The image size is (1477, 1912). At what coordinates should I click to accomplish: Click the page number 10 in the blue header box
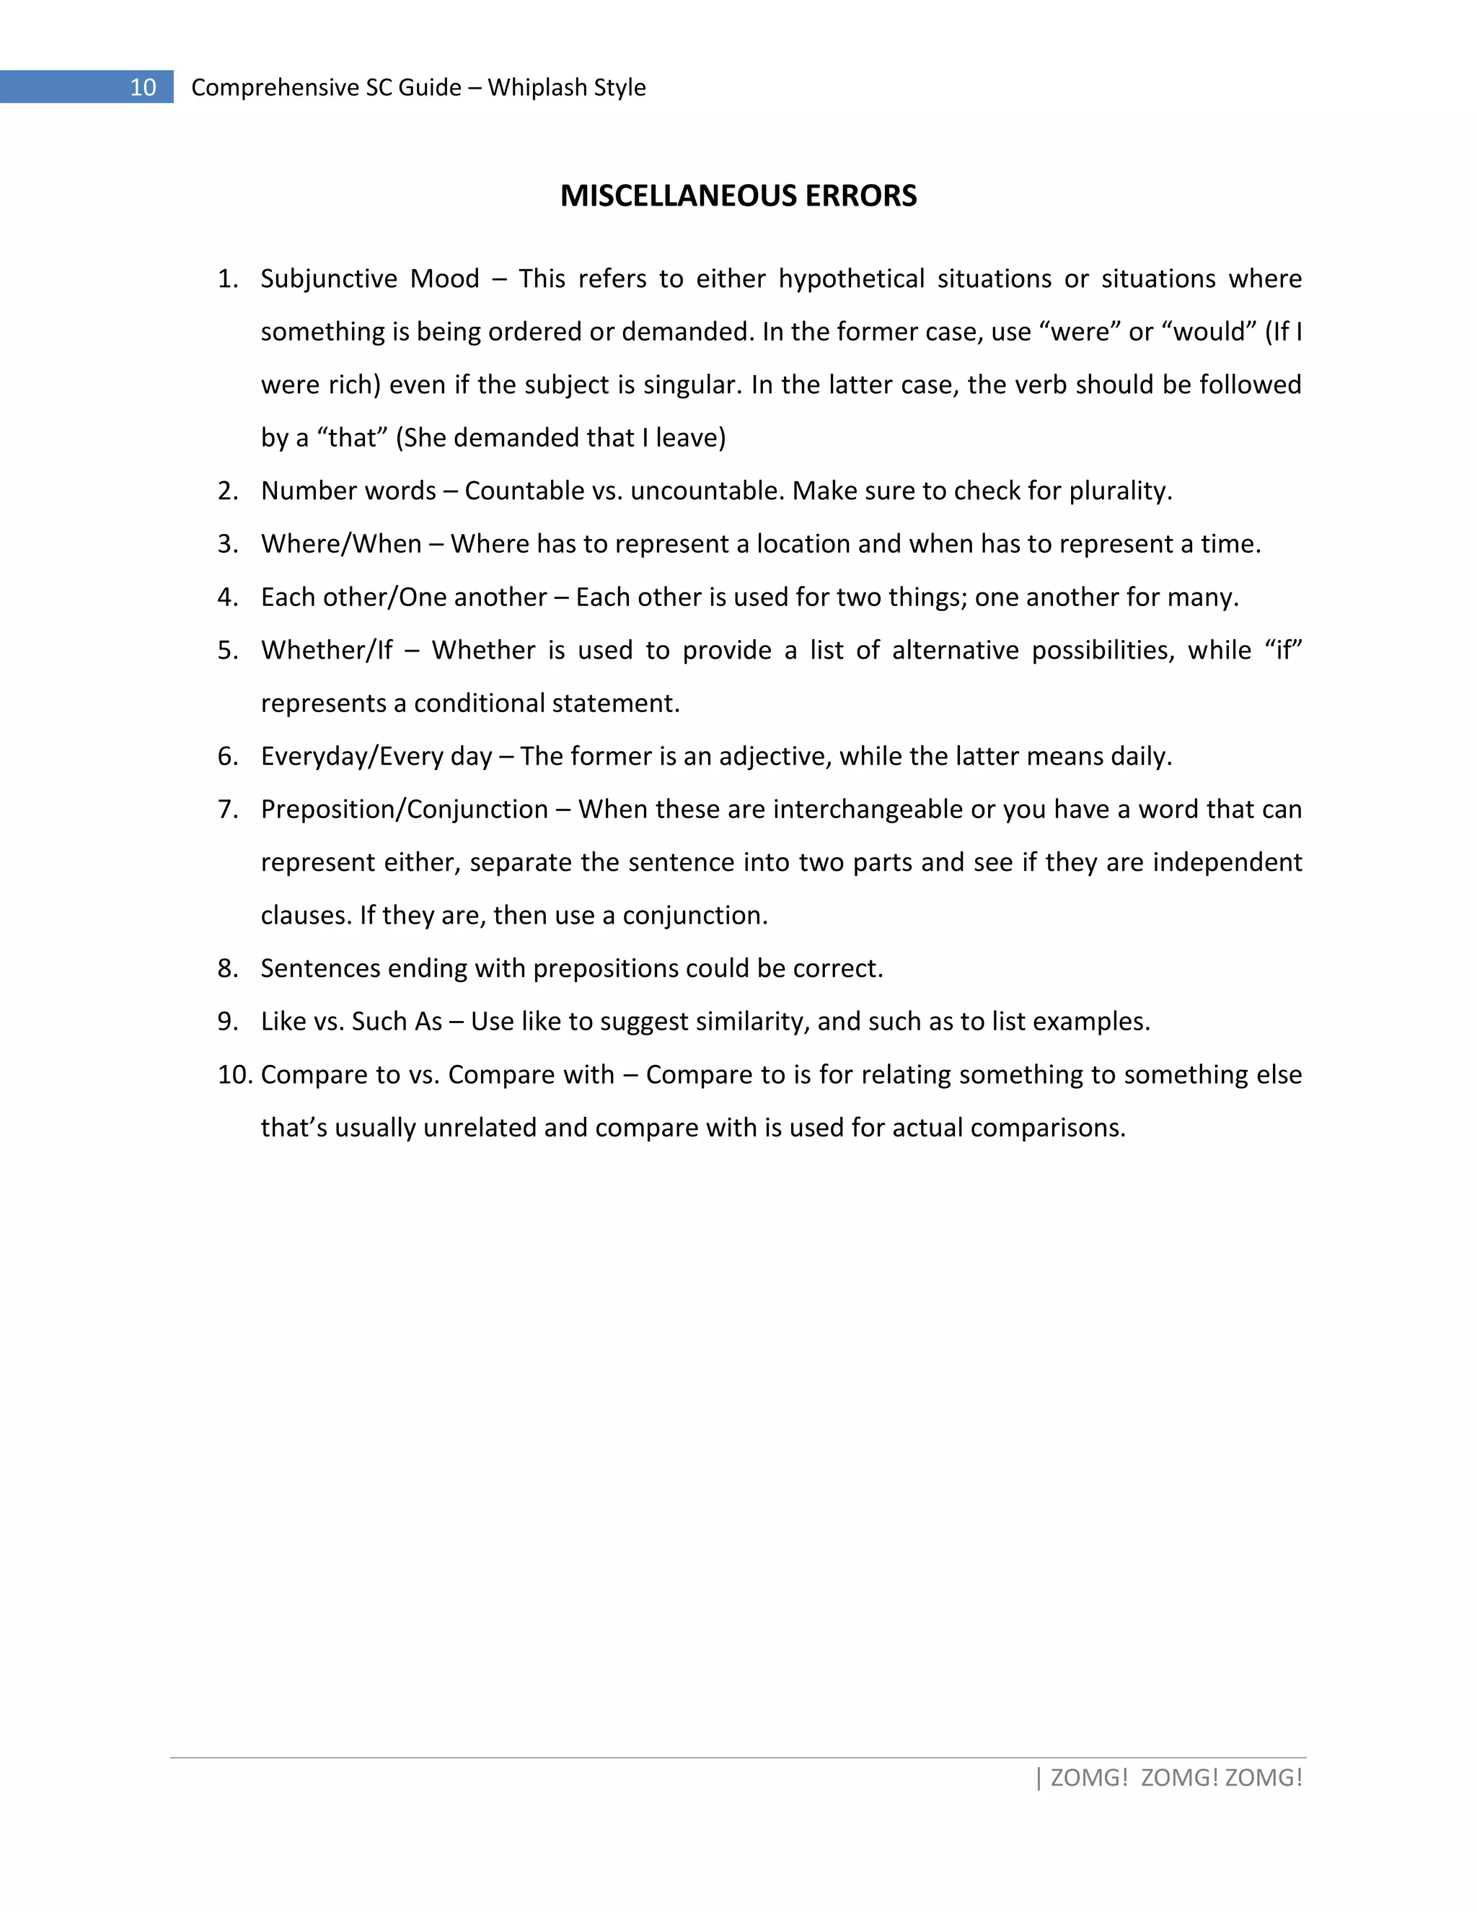[143, 87]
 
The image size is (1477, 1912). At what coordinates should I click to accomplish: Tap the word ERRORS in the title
[861, 196]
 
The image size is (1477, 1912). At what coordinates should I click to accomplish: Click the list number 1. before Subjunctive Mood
[227, 279]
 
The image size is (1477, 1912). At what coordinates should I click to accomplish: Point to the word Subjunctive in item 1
[328, 279]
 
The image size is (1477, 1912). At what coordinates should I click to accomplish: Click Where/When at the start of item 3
[341, 545]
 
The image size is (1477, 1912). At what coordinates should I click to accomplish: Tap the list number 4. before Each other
[227, 597]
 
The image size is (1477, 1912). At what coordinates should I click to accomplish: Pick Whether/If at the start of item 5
[327, 651]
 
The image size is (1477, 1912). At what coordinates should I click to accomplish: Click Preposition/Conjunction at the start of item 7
[405, 810]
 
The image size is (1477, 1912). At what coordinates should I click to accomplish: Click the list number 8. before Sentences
[227, 969]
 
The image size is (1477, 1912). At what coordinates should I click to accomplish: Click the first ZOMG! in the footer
[1088, 1778]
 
